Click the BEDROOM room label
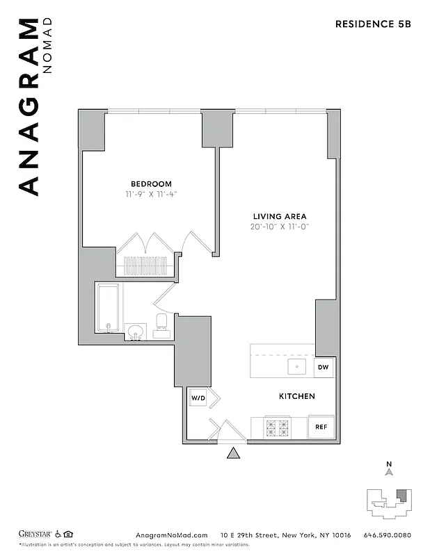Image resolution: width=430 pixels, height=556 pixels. pyautogui.click(x=149, y=184)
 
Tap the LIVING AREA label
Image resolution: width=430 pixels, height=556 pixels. pyautogui.click(x=279, y=216)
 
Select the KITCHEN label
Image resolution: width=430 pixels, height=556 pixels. pyautogui.click(x=297, y=396)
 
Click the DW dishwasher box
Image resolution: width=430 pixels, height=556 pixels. pyautogui.click(x=323, y=367)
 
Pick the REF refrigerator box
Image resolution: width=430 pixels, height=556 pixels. pyautogui.click(x=321, y=427)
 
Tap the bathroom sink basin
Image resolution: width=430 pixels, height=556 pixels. pyautogui.click(x=135, y=329)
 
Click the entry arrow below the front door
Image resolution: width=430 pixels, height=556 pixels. pyautogui.click(x=234, y=454)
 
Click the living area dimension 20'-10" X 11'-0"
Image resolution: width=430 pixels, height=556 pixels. pyautogui.click(x=279, y=227)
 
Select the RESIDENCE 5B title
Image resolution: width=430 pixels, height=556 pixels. pyautogui.click(x=373, y=24)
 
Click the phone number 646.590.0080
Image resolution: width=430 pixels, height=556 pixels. pyautogui.click(x=388, y=534)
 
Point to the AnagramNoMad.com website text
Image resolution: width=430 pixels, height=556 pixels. pyautogui.click(x=171, y=534)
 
